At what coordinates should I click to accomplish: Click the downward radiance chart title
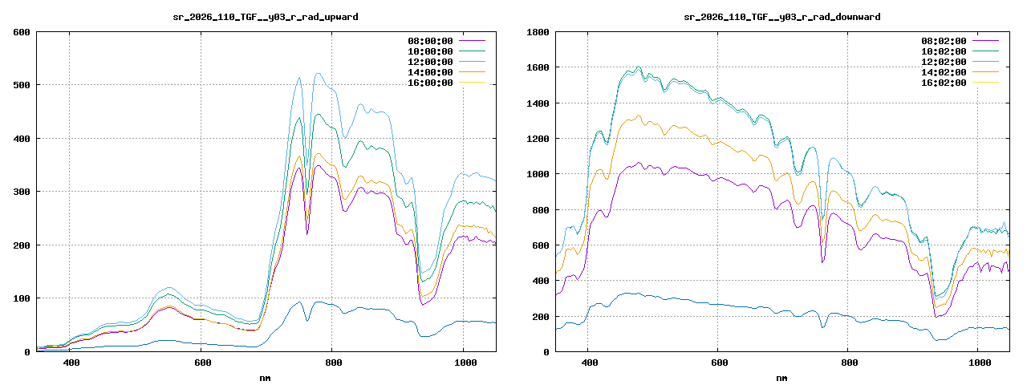click(782, 17)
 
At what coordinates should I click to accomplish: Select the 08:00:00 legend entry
click(430, 41)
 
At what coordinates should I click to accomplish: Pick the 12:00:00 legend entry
click(430, 62)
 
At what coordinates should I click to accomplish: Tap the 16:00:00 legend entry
click(430, 83)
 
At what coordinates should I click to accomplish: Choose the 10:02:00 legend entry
click(944, 51)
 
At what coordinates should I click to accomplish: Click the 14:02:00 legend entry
click(944, 72)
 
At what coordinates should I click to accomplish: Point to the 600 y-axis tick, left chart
click(22, 32)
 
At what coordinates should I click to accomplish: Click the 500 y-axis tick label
click(22, 85)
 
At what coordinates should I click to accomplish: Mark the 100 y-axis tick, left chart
click(22, 298)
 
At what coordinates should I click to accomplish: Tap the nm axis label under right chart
click(782, 377)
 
